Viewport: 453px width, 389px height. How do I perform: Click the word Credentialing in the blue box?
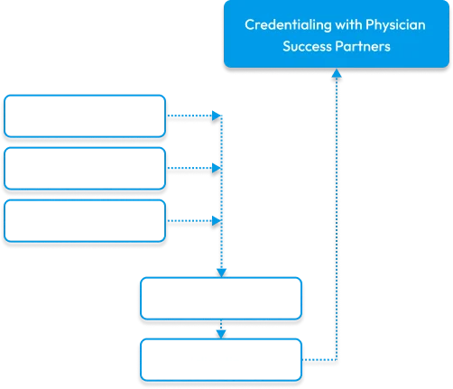point(288,25)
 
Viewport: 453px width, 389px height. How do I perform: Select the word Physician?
point(395,25)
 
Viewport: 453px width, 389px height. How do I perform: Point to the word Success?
point(307,46)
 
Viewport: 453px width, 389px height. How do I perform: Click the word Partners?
point(363,46)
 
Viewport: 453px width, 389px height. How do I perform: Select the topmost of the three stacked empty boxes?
point(85,116)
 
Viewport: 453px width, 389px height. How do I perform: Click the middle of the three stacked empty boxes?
point(85,169)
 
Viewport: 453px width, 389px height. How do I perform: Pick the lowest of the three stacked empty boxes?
point(85,221)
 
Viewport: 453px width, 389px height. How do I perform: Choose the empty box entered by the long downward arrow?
point(221,299)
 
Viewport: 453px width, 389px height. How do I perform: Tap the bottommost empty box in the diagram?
point(221,360)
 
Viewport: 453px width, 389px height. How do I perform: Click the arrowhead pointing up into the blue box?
point(337,73)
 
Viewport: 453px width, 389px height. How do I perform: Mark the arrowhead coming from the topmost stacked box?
point(217,116)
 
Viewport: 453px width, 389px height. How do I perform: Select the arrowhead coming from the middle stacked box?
point(217,168)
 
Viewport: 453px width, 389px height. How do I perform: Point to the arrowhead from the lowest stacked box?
point(217,221)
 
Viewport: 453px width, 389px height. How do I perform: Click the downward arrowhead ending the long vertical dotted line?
point(221,273)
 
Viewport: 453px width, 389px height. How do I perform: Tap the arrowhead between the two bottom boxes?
point(221,334)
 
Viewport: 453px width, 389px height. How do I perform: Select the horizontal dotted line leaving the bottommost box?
point(319,360)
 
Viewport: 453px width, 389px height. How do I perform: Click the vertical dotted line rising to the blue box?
point(337,218)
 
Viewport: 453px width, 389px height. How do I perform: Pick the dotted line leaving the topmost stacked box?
point(190,116)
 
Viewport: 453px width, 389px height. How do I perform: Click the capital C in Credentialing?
point(249,24)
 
